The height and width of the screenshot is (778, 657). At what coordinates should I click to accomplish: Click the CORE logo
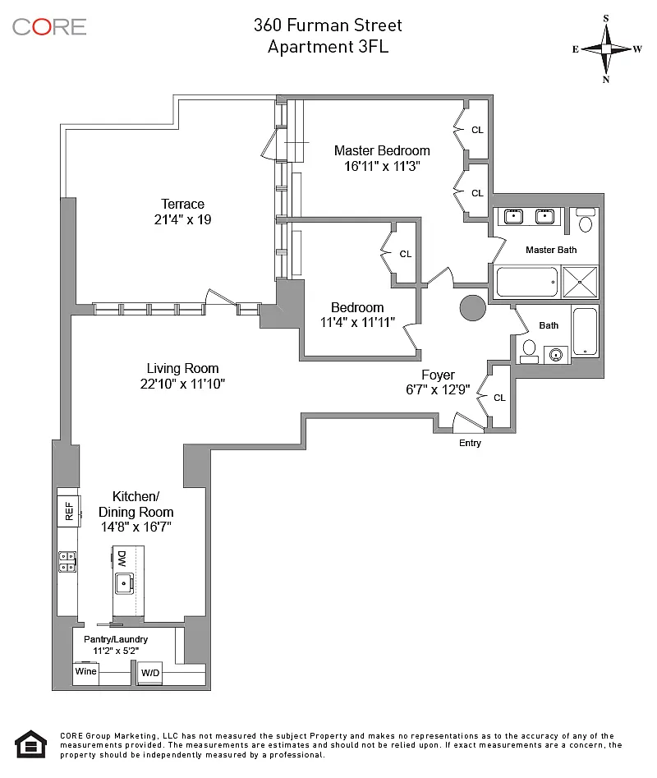tap(49, 26)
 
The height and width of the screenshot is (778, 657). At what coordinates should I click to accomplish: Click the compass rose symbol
tap(607, 48)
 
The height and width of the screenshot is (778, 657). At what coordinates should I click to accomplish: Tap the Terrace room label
tap(182, 205)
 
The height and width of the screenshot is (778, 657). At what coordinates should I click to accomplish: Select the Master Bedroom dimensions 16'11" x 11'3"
tap(382, 166)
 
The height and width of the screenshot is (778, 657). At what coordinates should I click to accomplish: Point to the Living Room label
tap(182, 368)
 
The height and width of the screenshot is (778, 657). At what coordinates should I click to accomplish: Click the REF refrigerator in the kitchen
tap(68, 511)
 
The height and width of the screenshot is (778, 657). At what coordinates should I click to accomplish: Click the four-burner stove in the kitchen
tap(67, 561)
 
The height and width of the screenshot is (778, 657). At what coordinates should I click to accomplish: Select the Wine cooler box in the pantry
tap(85, 672)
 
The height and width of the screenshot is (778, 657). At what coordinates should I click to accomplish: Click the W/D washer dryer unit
tap(150, 673)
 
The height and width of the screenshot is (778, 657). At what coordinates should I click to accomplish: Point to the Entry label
tap(470, 444)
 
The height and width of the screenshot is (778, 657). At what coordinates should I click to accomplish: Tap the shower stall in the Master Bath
tap(581, 281)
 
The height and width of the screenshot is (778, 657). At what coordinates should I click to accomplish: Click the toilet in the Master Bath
tap(586, 222)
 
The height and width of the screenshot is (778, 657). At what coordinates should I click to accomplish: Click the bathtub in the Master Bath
tap(526, 281)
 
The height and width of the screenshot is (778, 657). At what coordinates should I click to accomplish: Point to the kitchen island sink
tap(125, 584)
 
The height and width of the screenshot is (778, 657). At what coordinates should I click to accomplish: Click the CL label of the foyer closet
tap(499, 398)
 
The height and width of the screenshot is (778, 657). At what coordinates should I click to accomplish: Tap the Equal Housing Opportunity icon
tap(30, 744)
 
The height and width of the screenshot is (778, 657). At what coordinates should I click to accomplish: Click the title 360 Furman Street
tap(328, 25)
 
